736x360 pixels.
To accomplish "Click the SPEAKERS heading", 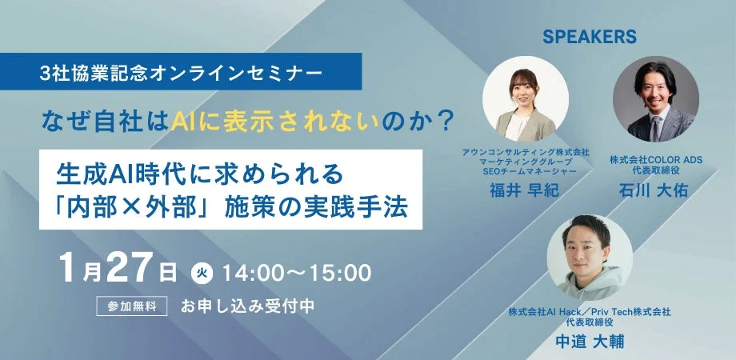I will click(589, 37).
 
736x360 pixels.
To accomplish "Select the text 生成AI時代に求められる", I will click(199, 171).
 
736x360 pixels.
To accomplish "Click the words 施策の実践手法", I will click(320, 206).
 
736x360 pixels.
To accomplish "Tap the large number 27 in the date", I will click(129, 270).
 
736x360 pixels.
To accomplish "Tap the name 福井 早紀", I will click(525, 190).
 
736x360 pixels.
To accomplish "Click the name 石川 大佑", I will click(655, 192).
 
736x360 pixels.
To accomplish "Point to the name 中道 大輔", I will click(590, 341).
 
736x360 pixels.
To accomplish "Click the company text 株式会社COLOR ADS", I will click(655, 160).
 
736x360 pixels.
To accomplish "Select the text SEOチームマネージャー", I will click(525, 171).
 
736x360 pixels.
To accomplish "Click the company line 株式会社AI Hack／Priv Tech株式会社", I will click(590, 310).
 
